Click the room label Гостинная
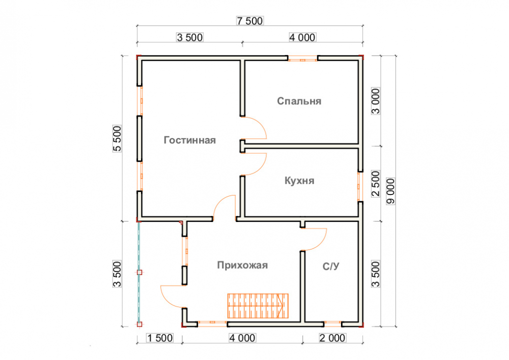pyautogui.click(x=190, y=141)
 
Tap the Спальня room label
pyautogui.click(x=299, y=101)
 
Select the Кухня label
pyautogui.click(x=299, y=181)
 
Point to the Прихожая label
pyautogui.click(x=242, y=265)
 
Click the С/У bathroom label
pyautogui.click(x=331, y=266)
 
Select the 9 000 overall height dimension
pyautogui.click(x=391, y=191)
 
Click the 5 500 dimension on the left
pyautogui.click(x=118, y=139)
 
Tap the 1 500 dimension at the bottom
pyautogui.click(x=160, y=338)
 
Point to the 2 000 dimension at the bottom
pyautogui.click(x=332, y=338)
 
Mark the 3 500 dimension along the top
pyautogui.click(x=190, y=37)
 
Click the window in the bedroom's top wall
pyautogui.click(x=303, y=60)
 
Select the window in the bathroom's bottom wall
pyautogui.click(x=332, y=323)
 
